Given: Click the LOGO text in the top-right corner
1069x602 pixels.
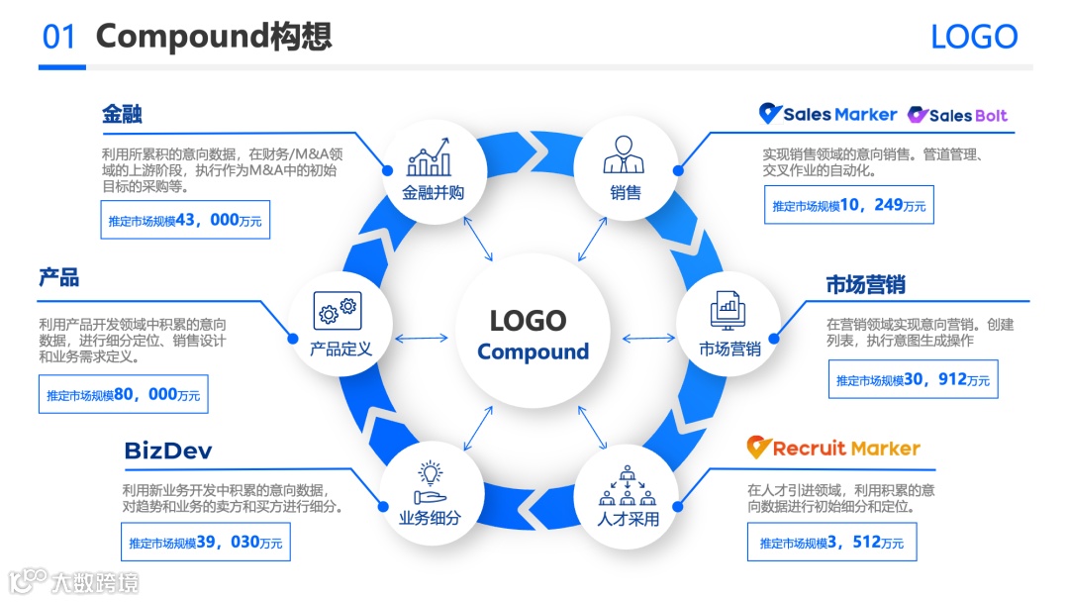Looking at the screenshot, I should pyautogui.click(x=974, y=37).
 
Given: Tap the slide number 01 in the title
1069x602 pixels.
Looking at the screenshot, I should pyautogui.click(x=59, y=37).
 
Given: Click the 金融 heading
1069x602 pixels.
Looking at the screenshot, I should pyautogui.click(x=122, y=113).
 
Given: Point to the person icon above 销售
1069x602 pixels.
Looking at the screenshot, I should pyautogui.click(x=624, y=155).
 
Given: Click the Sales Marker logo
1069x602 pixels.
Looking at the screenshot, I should pyautogui.click(x=827, y=114).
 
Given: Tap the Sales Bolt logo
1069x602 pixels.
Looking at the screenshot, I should pyautogui.click(x=957, y=115).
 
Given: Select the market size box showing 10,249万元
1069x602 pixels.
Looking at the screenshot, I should pyautogui.click(x=848, y=205).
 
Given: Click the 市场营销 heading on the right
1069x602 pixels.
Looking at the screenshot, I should pyautogui.click(x=866, y=285).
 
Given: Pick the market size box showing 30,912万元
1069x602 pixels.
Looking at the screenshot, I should pyautogui.click(x=913, y=379).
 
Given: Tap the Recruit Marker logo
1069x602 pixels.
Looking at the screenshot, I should pyautogui.click(x=833, y=448).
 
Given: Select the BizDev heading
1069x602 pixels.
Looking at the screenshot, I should pyautogui.click(x=167, y=451).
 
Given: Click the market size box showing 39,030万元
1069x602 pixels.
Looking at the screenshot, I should pyautogui.click(x=206, y=543).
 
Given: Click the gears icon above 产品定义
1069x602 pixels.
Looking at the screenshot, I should pyautogui.click(x=338, y=311).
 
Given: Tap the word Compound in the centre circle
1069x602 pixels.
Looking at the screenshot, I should pyautogui.click(x=533, y=352).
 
